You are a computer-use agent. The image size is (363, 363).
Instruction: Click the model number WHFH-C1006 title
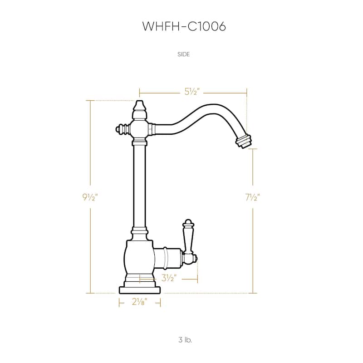(184, 26)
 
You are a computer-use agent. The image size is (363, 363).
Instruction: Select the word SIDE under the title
(184, 54)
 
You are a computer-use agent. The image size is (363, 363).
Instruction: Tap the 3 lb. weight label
(185, 339)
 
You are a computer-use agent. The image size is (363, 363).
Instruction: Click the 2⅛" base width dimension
(139, 302)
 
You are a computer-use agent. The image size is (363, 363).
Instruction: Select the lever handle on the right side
(187, 236)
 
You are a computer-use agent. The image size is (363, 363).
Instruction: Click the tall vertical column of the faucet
(139, 186)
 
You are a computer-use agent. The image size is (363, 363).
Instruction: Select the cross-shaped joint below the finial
(139, 130)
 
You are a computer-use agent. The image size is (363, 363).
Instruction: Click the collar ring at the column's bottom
(139, 232)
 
